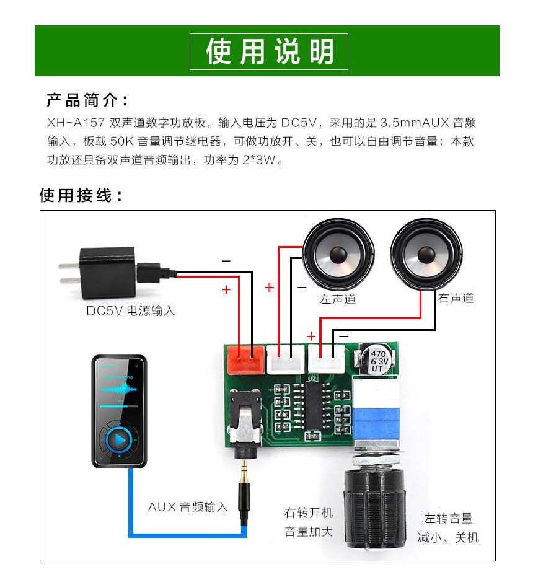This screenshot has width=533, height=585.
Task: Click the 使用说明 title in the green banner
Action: coord(268,51)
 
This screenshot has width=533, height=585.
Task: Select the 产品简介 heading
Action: coord(87,100)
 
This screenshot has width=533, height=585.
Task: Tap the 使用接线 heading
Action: coord(81,196)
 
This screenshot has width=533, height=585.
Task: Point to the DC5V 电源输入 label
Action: coord(130,310)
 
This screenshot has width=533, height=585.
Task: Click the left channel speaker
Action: coord(338,254)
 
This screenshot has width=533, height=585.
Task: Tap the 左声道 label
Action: coord(338,299)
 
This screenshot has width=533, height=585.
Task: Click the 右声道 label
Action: coord(456,298)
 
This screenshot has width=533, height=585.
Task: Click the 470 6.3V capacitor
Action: coord(378,360)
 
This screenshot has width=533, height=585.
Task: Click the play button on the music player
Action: coord(120,440)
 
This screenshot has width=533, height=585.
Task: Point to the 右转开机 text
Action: coord(309,512)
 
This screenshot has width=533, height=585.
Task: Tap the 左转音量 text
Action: coord(448,518)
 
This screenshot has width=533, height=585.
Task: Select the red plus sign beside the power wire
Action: coord(226,289)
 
